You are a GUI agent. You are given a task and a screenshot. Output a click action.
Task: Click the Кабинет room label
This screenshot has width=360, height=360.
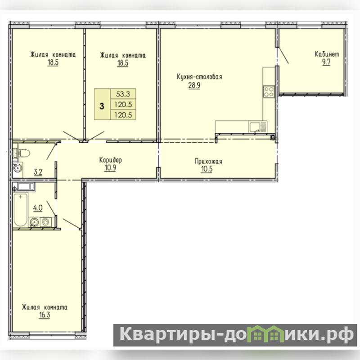[x=327, y=54]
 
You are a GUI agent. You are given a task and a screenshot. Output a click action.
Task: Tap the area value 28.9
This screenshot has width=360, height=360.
[x=194, y=85]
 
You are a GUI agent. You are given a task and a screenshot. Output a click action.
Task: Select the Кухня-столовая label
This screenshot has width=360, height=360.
[x=199, y=76]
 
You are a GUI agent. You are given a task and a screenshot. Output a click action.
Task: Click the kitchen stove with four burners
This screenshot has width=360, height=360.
[x=269, y=92]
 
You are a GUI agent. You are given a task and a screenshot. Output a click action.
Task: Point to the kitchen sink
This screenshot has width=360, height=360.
[x=258, y=127]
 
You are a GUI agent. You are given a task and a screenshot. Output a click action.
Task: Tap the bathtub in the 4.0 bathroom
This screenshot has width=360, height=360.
[x=20, y=210]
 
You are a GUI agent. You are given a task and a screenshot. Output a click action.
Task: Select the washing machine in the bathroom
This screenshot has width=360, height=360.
[x=46, y=222]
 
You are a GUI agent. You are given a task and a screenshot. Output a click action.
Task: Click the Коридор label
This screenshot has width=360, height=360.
[x=110, y=160]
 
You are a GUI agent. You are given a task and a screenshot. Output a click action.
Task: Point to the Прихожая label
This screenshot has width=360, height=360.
[x=208, y=161]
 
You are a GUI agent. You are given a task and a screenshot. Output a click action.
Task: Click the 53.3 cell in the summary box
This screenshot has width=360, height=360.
[x=123, y=94]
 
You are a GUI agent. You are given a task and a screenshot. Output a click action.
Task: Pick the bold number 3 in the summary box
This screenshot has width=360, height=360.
[x=102, y=106]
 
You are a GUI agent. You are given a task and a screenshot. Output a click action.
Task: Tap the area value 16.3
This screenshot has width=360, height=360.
[x=45, y=315]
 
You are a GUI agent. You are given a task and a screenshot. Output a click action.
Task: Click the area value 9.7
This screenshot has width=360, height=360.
[x=326, y=62]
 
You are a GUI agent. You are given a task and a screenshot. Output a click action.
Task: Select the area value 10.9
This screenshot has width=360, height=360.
[x=110, y=168]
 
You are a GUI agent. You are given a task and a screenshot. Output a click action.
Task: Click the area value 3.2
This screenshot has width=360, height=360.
[x=38, y=172]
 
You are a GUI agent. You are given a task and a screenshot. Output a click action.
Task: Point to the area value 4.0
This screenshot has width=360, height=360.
[x=38, y=208]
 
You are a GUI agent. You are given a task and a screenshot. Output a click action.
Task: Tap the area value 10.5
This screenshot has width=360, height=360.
[x=207, y=169]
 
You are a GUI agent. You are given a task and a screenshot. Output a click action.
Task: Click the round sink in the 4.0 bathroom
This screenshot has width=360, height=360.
[x=34, y=222]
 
